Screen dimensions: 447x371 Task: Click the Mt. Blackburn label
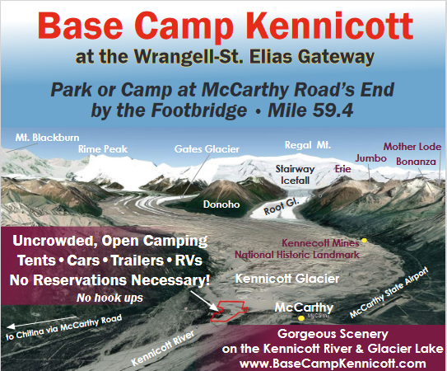tap(47, 138)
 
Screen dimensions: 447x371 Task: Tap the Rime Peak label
tap(103, 149)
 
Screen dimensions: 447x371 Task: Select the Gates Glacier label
tap(207, 149)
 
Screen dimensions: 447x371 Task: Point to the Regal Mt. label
tap(308, 145)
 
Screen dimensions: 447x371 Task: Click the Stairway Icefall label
tap(295, 175)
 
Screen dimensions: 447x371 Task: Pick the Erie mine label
tap(343, 169)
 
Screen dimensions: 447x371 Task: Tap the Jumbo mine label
tap(371, 158)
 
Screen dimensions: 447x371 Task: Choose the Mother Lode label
tap(412, 147)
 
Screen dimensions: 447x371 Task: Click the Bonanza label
tap(416, 162)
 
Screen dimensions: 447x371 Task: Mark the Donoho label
tap(221, 204)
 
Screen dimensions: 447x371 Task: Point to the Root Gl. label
tap(282, 206)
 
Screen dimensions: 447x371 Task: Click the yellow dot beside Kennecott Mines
tap(364, 241)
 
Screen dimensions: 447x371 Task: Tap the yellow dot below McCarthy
tap(301, 318)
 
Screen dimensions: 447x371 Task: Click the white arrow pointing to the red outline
tap(204, 301)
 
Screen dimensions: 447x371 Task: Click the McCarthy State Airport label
tap(389, 292)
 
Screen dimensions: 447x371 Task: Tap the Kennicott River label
tap(163, 348)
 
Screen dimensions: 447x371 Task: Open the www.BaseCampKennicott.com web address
tap(333, 364)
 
